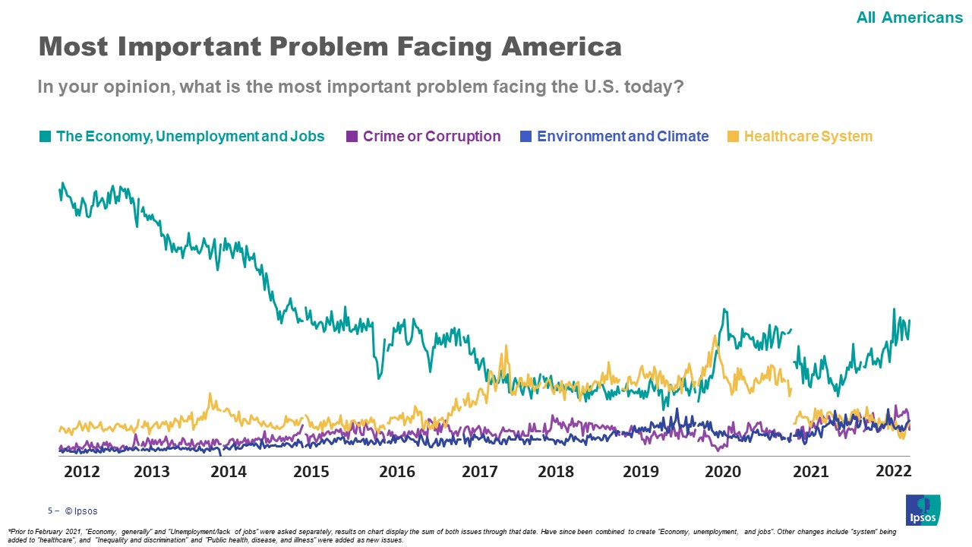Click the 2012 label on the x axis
coord(82,472)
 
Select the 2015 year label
coord(311,472)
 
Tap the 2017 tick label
coord(480,472)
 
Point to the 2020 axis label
coord(723,472)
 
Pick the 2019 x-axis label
coord(641,472)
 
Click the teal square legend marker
coord(46,137)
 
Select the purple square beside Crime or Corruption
coord(352,137)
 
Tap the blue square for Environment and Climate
coord(525,137)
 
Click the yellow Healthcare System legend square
coord(733,137)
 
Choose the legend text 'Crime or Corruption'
coord(431,137)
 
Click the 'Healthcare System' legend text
coord(808,137)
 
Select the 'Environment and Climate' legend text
coord(623,137)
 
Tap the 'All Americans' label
coord(909,17)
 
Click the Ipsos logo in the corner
coord(923,509)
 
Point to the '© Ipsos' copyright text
coord(81,511)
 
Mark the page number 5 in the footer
coord(50,511)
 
